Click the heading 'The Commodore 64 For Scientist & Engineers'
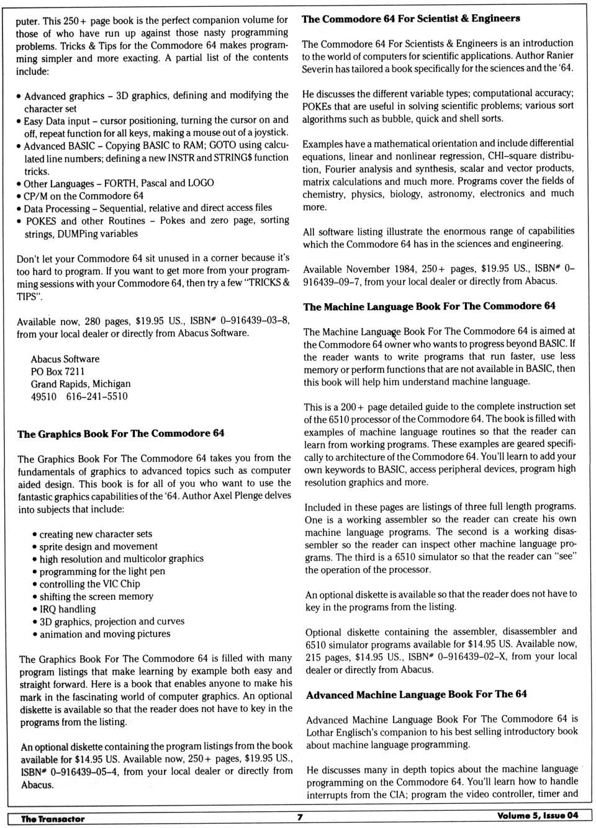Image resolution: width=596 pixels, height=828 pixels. point(410,19)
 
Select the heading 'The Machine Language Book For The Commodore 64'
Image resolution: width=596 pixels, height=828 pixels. point(429,306)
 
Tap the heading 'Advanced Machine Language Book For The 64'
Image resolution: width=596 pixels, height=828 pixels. point(416,695)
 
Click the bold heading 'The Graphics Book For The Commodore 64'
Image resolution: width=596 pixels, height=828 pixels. point(121,434)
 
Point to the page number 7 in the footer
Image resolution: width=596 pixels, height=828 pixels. point(300,817)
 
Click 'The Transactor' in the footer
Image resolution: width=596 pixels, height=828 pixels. point(53,819)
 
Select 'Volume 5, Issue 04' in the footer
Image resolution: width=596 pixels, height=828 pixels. point(537,816)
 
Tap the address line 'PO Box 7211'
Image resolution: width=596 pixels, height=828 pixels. point(58,372)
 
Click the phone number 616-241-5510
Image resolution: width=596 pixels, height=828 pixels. point(97,396)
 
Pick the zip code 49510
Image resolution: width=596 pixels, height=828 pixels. point(43,396)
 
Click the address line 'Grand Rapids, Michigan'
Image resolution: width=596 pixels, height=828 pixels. point(81,384)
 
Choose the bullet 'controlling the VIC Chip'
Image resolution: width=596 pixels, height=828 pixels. point(89,584)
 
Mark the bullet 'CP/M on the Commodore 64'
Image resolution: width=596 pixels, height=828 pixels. point(83,195)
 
